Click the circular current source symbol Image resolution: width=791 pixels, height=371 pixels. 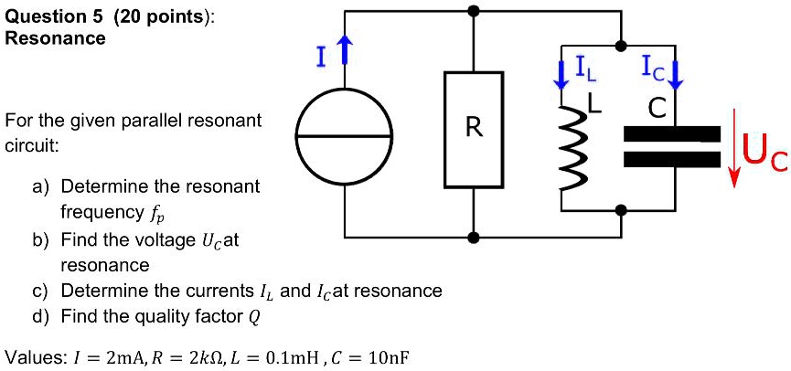click(346, 136)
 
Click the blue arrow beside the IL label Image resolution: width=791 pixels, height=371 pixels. click(561, 73)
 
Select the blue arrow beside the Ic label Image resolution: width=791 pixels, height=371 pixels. click(677, 72)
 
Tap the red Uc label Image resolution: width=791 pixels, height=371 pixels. click(763, 152)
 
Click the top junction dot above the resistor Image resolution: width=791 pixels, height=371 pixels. click(473, 12)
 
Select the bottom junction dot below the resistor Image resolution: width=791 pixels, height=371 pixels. click(473, 238)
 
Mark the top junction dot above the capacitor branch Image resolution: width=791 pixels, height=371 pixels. click(621, 45)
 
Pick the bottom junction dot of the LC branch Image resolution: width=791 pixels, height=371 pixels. click(621, 210)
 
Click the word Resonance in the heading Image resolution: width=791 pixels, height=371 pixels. click(56, 38)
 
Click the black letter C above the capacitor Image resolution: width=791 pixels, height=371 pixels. click(655, 108)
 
